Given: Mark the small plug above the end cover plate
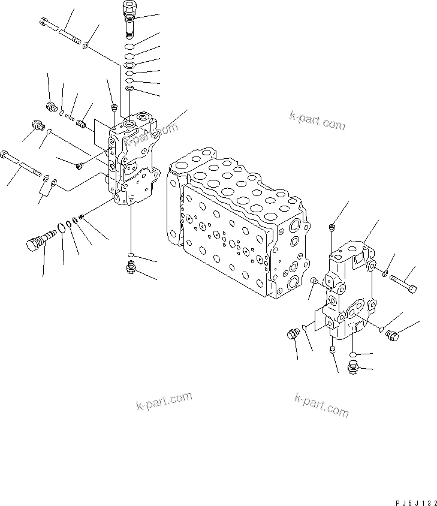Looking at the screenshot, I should click(x=331, y=227).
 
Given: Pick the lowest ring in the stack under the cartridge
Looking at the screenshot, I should click(x=129, y=89).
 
